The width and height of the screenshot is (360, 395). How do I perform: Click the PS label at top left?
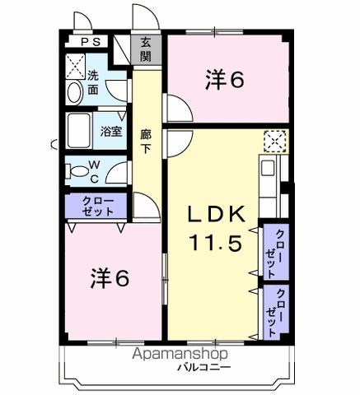click(x=91, y=42)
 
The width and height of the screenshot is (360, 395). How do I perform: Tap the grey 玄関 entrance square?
click(x=146, y=50)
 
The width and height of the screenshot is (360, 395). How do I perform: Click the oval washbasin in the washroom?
click(x=75, y=93)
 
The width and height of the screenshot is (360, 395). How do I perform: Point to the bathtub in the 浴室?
click(x=79, y=131)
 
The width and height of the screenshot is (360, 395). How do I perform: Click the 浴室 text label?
click(x=111, y=132)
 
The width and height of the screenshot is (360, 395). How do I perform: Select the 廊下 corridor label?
click(x=146, y=142)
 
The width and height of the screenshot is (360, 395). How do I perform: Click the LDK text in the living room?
click(x=217, y=214)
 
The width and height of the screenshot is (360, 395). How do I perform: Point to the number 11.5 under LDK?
click(x=216, y=243)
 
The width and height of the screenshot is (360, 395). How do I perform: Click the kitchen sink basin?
click(x=268, y=168)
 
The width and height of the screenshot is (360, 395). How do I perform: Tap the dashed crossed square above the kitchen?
click(x=275, y=142)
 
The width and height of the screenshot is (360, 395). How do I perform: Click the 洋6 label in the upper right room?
click(x=225, y=80)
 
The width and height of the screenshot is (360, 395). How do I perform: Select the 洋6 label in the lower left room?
click(x=110, y=278)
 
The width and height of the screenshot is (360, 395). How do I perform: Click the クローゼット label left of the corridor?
click(x=98, y=207)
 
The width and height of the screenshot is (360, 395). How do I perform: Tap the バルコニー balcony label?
click(x=204, y=367)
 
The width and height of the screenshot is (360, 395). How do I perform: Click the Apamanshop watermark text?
click(x=180, y=354)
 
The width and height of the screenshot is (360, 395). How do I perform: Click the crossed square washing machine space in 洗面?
click(x=76, y=67)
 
